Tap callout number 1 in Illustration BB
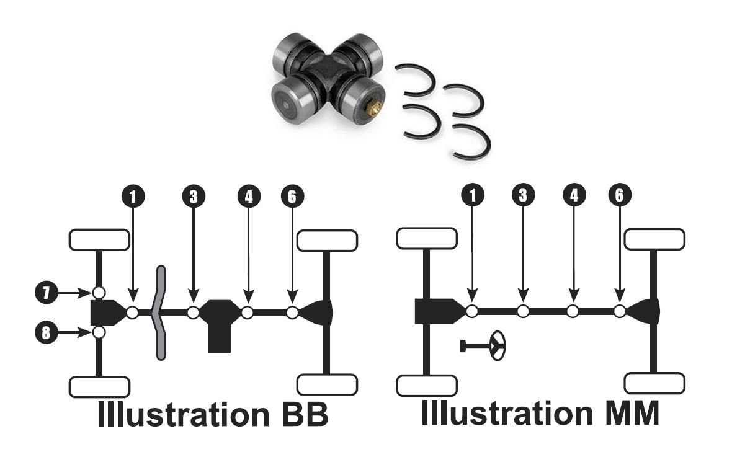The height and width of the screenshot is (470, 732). pos(132,196)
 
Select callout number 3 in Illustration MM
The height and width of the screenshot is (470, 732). pos(523,195)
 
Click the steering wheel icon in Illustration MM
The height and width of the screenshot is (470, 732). pos(497,346)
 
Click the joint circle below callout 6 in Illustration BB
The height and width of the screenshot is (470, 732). pos(292,313)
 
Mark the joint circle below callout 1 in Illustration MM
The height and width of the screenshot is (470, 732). pos(472,311)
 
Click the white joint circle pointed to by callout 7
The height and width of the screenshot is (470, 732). pos(98,292)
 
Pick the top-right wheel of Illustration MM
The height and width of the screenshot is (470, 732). pos(654,239)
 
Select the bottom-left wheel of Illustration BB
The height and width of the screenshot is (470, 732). pos(99,386)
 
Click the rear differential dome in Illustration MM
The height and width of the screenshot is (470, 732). pos(645,311)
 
